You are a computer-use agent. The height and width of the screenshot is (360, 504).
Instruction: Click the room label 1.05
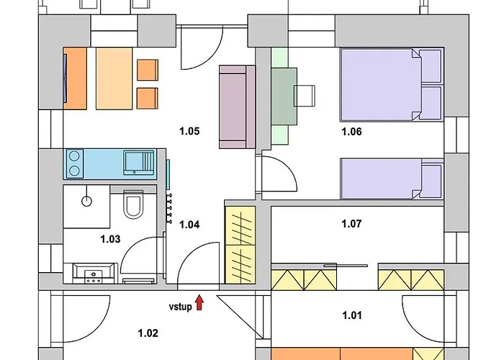(x=189, y=131)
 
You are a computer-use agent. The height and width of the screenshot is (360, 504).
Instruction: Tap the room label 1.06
(x=351, y=132)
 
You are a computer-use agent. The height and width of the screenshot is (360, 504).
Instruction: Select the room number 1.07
(x=351, y=223)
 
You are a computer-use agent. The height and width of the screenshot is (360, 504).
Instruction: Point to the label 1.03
(x=111, y=239)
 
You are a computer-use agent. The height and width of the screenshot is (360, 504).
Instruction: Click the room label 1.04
(x=189, y=225)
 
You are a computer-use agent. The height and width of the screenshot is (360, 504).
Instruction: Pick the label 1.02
(x=148, y=333)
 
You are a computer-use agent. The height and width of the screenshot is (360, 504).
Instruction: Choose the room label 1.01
(x=352, y=315)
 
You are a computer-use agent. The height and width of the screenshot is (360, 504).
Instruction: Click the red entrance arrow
(x=199, y=302)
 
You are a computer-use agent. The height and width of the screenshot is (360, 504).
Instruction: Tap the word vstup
(x=180, y=307)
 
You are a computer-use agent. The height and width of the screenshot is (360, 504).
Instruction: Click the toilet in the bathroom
(x=133, y=204)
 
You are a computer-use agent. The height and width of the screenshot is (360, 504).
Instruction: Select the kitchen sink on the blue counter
(x=139, y=163)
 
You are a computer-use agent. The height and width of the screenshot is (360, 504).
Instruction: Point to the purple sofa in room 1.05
(x=237, y=107)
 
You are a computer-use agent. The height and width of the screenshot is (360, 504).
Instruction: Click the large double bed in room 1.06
(x=392, y=85)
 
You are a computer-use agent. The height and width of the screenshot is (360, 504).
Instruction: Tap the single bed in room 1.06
(x=392, y=179)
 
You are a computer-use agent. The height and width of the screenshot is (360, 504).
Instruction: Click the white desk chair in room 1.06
(x=305, y=96)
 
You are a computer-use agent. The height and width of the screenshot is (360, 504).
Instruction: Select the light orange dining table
(x=114, y=78)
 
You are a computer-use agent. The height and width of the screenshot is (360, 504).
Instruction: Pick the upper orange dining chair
(x=148, y=70)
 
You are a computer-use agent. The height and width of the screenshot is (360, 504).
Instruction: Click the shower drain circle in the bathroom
(x=87, y=202)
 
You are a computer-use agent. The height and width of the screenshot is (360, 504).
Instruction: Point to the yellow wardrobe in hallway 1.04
(x=240, y=245)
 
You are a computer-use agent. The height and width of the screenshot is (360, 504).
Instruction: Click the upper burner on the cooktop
(x=74, y=156)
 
